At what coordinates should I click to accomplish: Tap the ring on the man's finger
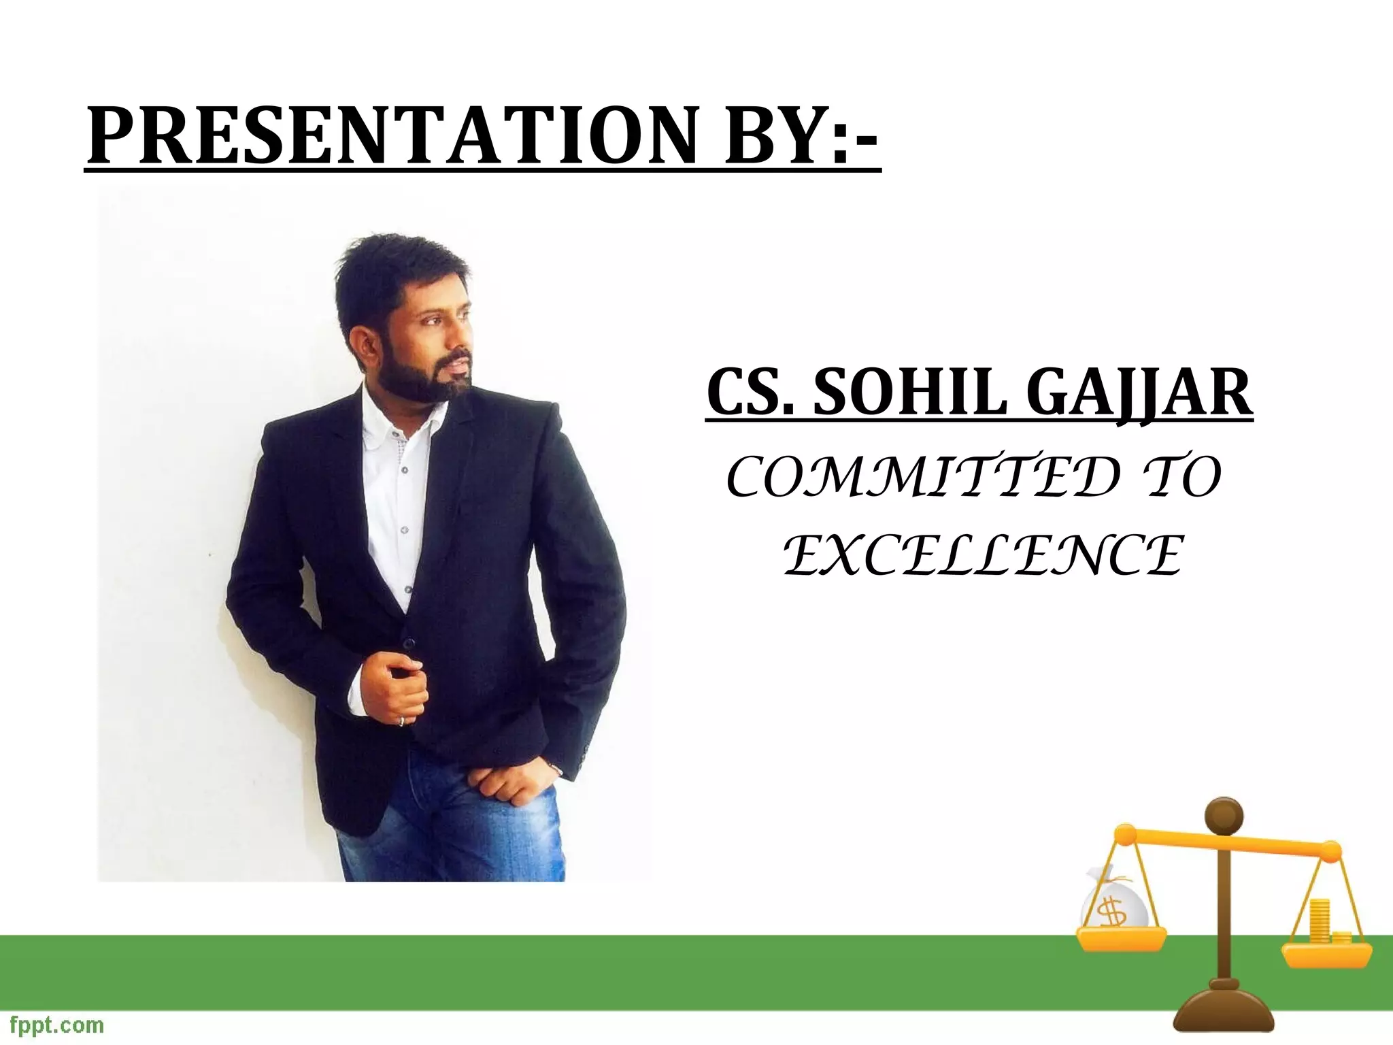click(x=402, y=721)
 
